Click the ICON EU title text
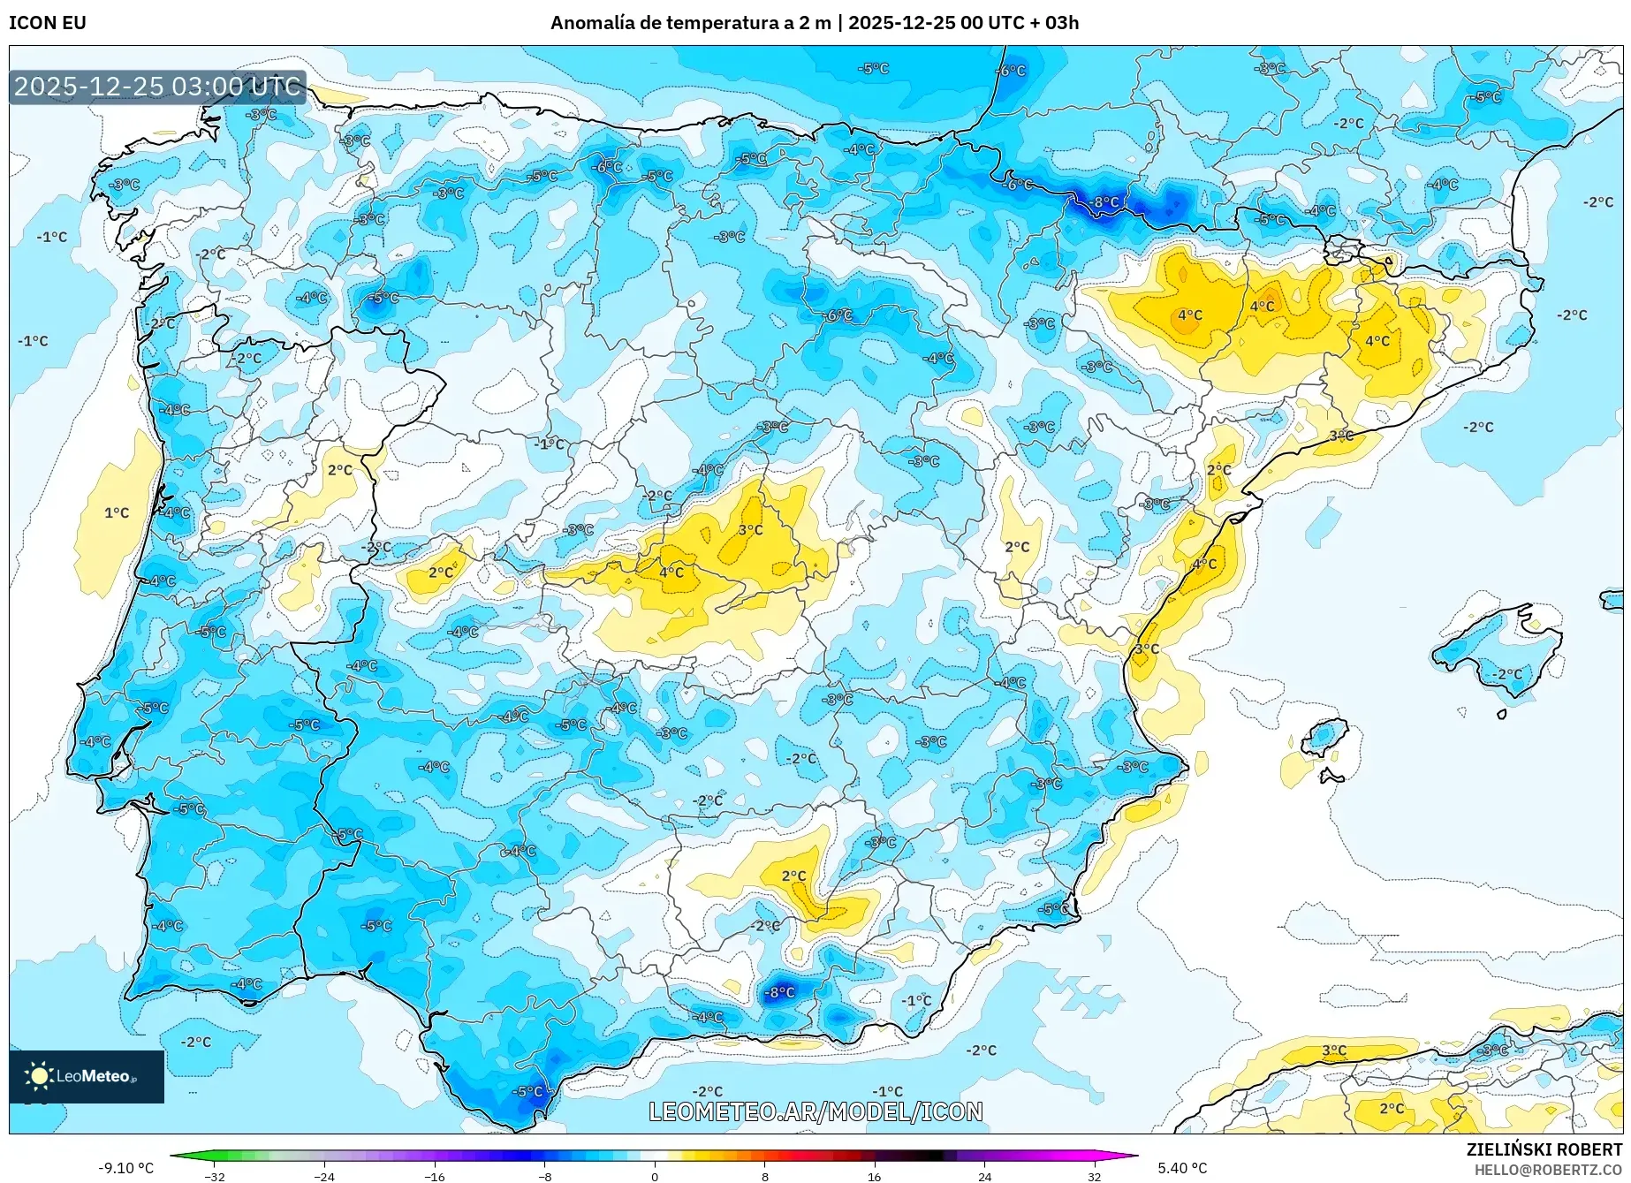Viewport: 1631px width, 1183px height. (x=48, y=23)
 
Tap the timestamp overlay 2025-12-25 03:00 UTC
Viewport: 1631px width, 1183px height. (x=157, y=87)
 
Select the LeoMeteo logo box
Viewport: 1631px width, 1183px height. (x=87, y=1076)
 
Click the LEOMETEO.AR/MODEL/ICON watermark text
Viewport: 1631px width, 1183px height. (x=815, y=1111)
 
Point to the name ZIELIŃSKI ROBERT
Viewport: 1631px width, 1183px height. (x=1544, y=1149)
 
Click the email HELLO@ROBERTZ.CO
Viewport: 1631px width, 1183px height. (x=1548, y=1170)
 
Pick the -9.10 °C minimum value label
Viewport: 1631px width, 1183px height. (x=125, y=1168)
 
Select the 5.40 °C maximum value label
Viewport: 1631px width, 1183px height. (x=1182, y=1168)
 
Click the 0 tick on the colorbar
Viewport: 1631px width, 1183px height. (x=655, y=1176)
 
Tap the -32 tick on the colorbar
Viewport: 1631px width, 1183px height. (x=214, y=1176)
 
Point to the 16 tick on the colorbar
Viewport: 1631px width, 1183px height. (x=874, y=1176)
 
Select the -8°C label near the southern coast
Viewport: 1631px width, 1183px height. (x=779, y=992)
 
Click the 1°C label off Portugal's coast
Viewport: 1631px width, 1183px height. (x=117, y=512)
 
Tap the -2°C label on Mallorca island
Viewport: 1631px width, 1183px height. (x=1508, y=674)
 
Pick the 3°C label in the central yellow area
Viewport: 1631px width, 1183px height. (x=750, y=530)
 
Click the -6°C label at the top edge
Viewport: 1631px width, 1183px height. (x=1011, y=71)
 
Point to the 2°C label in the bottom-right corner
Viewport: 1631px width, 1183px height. (x=1392, y=1108)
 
